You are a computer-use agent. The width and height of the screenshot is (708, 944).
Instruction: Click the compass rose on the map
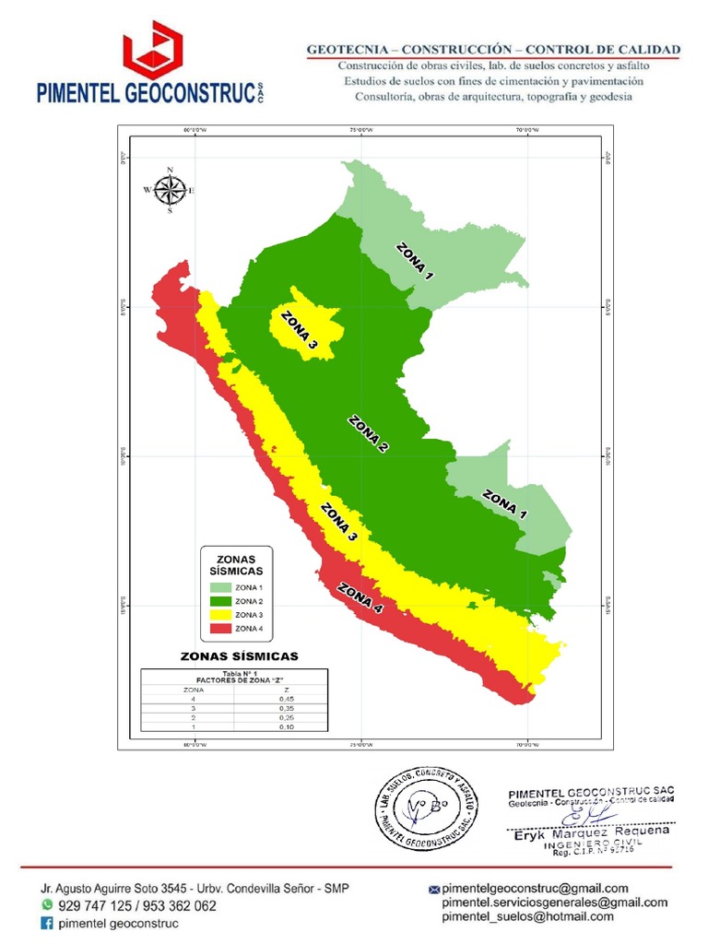tap(170, 190)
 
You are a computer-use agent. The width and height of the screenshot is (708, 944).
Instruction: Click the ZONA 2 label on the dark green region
tap(368, 434)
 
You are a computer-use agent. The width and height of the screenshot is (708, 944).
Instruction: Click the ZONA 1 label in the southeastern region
tap(504, 506)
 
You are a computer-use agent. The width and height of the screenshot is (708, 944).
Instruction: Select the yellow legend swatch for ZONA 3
tap(220, 615)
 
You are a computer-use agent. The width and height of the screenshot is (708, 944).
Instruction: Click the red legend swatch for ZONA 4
tap(220, 629)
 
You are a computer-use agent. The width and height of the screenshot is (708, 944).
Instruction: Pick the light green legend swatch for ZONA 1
tap(220, 587)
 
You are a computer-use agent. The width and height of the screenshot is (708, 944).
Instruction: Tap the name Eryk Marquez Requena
tap(589, 832)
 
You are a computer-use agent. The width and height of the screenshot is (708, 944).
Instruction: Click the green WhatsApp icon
tap(47, 906)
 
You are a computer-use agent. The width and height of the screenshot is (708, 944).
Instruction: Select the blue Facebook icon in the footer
tap(47, 923)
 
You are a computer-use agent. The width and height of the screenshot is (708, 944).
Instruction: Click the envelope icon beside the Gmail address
tap(434, 890)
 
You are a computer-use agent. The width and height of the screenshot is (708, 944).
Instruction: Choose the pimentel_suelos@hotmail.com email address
tap(527, 917)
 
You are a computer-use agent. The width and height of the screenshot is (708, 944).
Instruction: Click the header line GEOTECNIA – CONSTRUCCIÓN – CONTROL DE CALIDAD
tap(493, 49)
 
